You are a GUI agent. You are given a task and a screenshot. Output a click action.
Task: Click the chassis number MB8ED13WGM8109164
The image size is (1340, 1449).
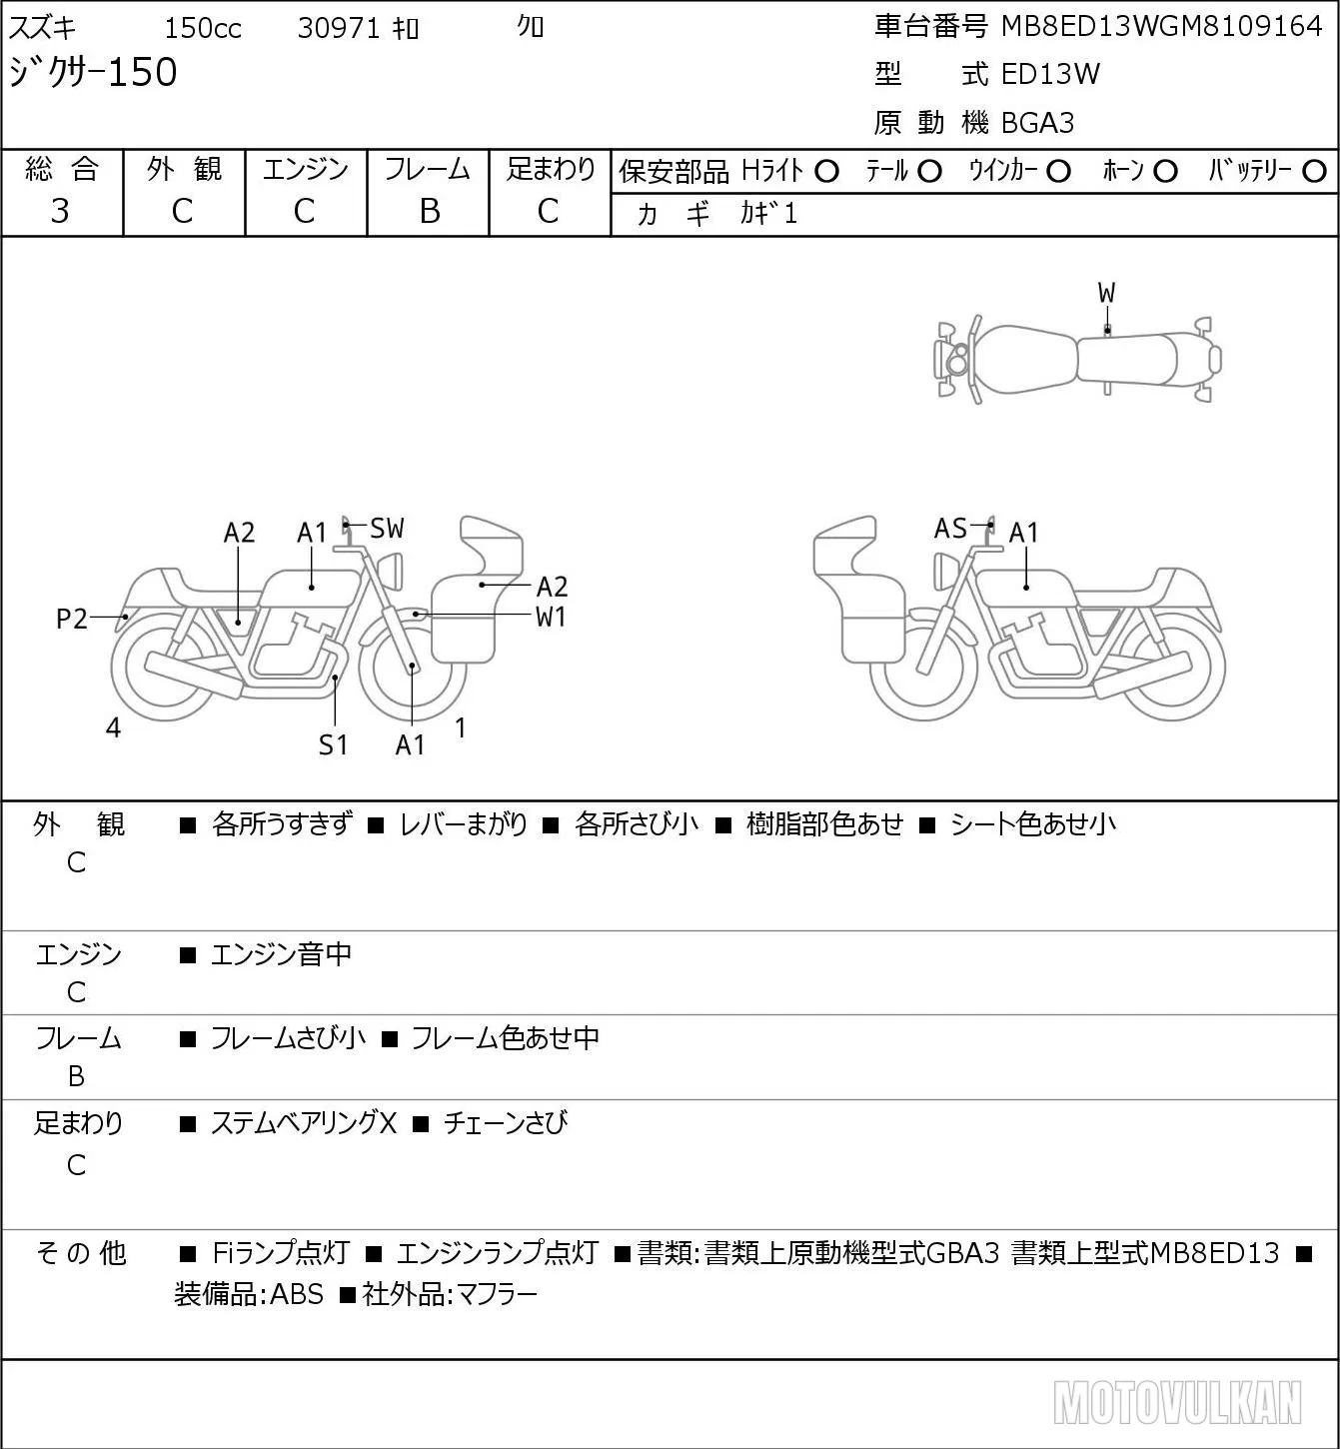point(1161,27)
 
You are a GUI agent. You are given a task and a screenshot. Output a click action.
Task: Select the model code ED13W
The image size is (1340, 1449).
point(1050,74)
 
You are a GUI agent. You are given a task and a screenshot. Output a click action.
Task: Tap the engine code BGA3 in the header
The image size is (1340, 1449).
point(1038,123)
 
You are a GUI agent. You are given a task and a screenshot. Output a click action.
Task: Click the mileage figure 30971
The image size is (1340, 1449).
point(339,28)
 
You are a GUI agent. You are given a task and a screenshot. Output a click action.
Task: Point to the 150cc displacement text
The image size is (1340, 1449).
point(203,28)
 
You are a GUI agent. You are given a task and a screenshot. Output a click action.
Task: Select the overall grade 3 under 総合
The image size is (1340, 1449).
point(60,211)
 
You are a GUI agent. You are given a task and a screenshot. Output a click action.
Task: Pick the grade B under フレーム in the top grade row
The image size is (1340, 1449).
point(430,211)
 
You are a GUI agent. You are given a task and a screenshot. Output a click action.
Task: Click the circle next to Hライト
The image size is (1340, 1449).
point(826,172)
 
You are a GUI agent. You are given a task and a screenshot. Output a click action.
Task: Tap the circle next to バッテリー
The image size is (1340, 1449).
point(1314,172)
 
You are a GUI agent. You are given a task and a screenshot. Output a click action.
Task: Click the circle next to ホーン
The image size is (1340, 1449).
point(1165,172)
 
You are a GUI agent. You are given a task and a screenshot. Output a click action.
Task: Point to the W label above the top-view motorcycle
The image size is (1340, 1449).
point(1106,294)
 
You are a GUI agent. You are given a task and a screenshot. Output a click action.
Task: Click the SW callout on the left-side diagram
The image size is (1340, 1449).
point(387,529)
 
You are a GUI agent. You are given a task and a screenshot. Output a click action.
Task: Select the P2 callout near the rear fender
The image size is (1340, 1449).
point(72,620)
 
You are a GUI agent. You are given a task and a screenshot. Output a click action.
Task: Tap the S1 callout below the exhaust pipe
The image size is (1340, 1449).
point(333,744)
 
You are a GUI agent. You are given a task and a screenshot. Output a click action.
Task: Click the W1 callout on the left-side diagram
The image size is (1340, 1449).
point(551,618)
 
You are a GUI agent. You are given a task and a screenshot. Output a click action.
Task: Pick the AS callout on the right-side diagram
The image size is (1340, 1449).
point(950,529)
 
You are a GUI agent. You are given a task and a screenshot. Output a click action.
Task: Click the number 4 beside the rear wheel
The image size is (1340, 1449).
point(113,727)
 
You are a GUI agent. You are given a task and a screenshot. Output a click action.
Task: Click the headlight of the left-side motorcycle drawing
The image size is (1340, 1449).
point(391,572)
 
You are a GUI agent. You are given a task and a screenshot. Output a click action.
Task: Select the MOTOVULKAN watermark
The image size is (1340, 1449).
point(1177,1402)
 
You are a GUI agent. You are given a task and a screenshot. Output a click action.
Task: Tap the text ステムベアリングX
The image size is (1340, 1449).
point(304,1123)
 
